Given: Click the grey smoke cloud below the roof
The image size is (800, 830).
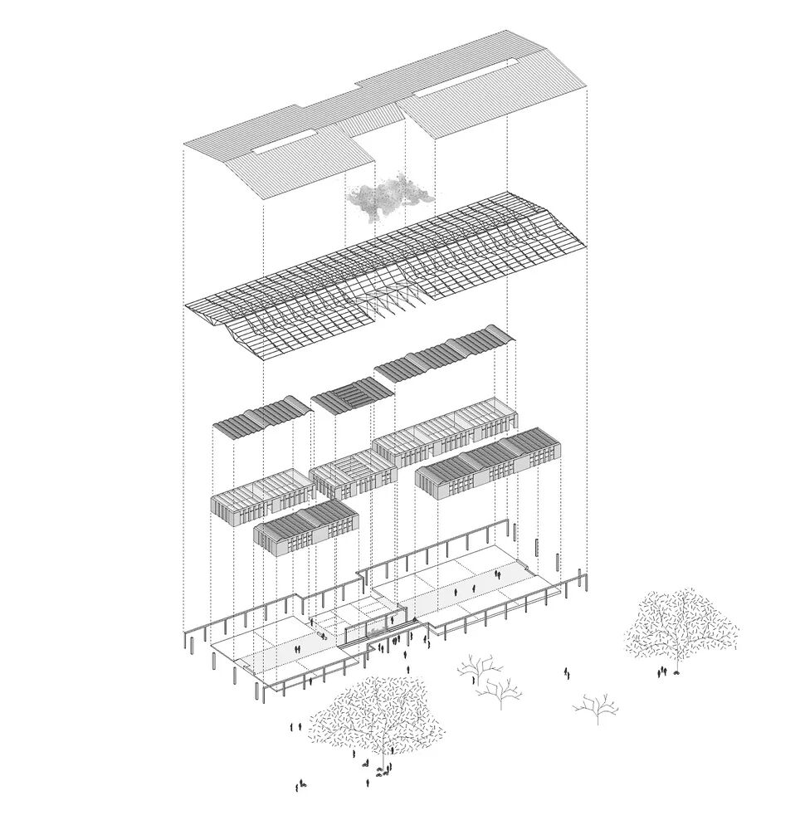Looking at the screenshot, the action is (x=388, y=196).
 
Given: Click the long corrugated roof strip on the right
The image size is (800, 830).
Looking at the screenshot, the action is (x=444, y=357).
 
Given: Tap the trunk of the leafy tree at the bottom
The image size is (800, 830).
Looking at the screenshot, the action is (x=383, y=754).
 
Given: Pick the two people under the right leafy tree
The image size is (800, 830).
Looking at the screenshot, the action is (x=662, y=672).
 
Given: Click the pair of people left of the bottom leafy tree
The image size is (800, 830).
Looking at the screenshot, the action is (x=295, y=727).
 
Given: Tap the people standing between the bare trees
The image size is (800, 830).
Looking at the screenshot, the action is (x=568, y=673).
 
